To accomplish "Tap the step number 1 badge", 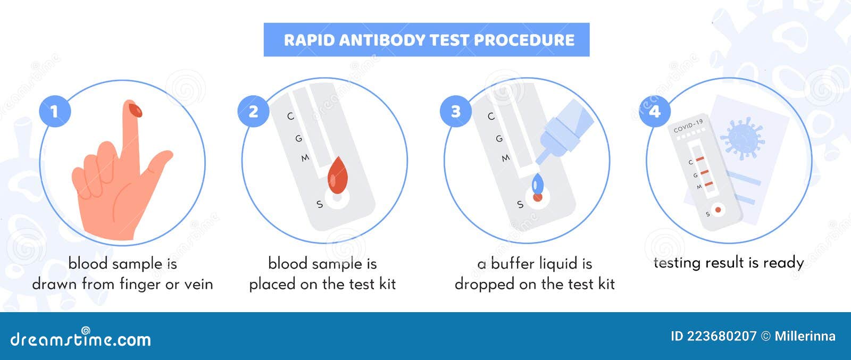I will [54, 112].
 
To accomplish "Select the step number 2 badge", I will [253, 112].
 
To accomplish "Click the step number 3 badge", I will [455, 112].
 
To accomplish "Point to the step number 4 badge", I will [654, 112].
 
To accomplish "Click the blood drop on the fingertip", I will [136, 110].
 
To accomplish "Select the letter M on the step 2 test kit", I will [305, 158].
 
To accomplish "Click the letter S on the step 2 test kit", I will [319, 204].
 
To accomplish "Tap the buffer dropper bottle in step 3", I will [565, 131].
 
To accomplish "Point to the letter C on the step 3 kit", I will [490, 116].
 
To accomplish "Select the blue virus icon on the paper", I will [741, 138].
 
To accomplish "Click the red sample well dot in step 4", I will [718, 210].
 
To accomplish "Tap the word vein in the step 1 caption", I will [198, 284].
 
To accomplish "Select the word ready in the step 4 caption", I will [783, 263].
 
